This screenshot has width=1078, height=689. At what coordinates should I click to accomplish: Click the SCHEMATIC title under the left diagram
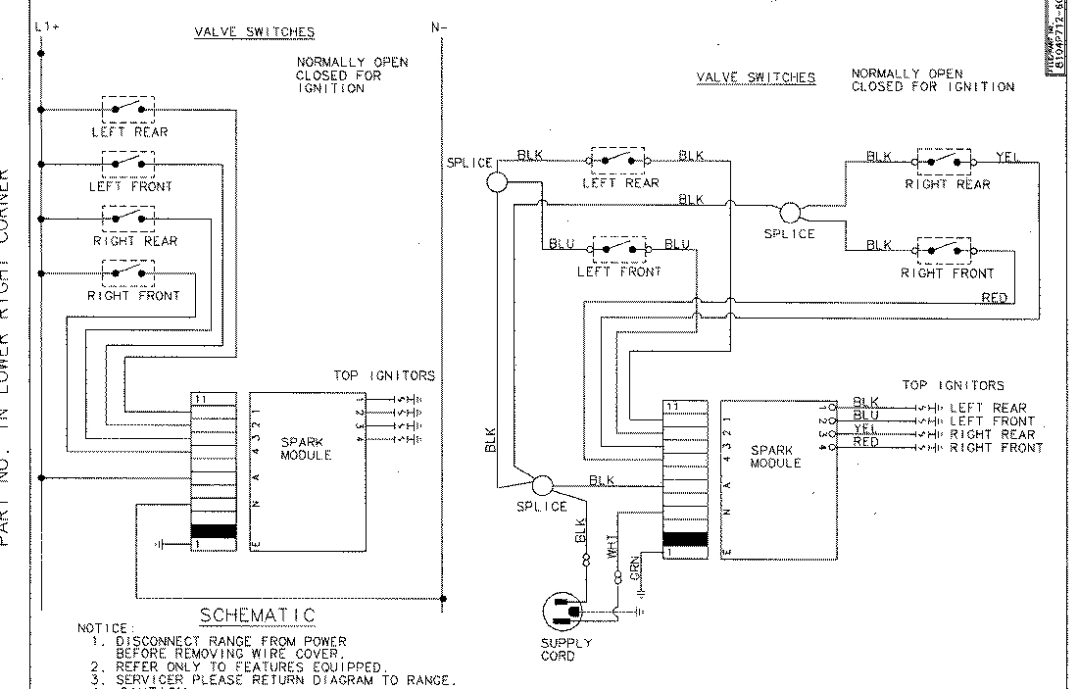point(258,615)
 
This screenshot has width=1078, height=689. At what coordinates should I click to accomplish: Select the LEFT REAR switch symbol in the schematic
point(128,107)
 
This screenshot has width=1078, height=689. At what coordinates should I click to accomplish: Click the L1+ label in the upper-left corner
point(46,27)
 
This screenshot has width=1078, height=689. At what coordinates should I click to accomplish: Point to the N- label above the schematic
point(437,27)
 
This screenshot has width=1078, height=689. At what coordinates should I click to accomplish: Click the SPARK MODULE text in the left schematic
point(306,449)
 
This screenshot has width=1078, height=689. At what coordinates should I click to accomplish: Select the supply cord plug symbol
point(565,614)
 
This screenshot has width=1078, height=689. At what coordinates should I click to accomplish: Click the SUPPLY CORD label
point(565,649)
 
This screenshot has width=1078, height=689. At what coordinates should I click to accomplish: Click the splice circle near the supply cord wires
point(542,484)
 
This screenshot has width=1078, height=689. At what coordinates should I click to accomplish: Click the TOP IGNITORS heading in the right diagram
point(953,386)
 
